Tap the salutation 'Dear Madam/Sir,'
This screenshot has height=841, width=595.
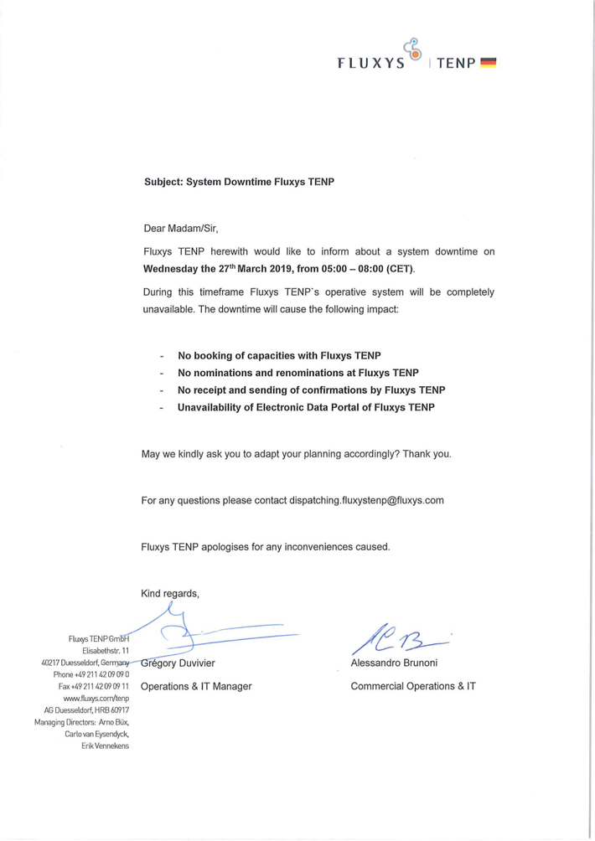181,227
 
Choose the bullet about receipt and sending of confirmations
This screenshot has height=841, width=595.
311,390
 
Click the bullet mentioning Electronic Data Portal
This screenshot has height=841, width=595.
305,408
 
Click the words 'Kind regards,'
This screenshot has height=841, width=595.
171,594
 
